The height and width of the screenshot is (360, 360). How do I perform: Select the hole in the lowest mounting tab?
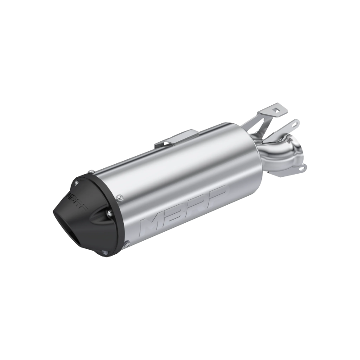click(302, 170)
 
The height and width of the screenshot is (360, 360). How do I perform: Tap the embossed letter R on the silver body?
click(198, 201)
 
